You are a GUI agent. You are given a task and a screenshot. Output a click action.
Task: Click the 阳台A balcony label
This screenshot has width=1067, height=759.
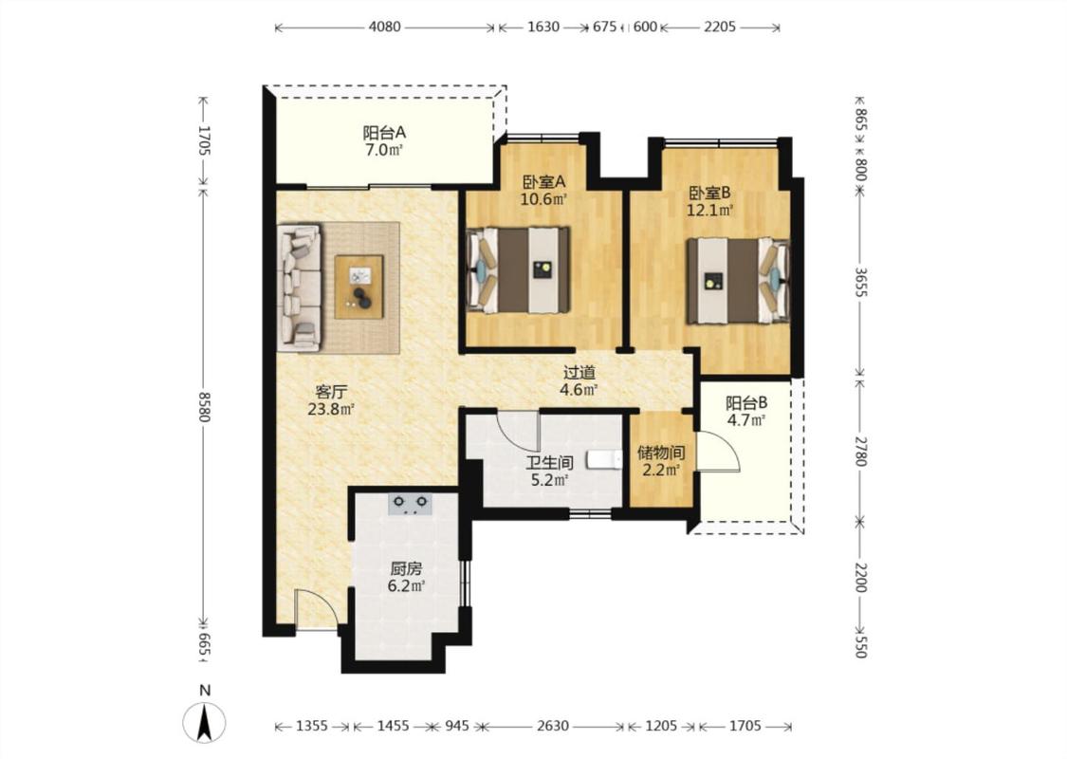[384, 132]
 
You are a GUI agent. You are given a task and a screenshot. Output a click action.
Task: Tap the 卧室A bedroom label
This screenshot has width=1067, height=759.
[543, 182]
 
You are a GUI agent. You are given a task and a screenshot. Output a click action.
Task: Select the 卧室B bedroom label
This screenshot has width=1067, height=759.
[709, 194]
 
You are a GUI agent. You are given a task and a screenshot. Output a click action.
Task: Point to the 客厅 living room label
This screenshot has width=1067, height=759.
[331, 392]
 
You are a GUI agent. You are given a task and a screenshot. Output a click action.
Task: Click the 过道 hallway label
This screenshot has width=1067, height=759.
[579, 373]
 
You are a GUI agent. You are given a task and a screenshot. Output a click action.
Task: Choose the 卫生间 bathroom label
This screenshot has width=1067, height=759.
[550, 464]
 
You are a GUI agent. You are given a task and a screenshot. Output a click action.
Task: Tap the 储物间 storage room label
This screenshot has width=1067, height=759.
[661, 453]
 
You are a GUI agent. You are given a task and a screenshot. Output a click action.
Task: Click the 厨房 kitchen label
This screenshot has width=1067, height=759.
[406, 568]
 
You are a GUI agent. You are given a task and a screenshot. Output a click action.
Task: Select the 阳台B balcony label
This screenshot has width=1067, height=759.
[746, 403]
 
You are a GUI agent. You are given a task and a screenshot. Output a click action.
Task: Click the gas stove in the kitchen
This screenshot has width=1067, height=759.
[411, 504]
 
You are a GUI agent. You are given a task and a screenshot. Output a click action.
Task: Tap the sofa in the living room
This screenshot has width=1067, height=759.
[300, 287]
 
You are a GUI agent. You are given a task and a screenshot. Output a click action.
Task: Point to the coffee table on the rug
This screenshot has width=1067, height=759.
[359, 287]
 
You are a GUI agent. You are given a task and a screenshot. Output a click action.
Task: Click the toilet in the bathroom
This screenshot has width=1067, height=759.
[605, 459]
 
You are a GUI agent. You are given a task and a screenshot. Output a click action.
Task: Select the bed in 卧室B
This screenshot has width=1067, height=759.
[738, 280]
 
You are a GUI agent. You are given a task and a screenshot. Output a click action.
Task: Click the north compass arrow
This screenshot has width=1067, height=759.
[204, 721]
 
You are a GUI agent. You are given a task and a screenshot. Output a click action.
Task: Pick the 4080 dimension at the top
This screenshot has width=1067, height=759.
[384, 28]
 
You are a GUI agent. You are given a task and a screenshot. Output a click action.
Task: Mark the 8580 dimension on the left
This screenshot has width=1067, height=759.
[204, 406]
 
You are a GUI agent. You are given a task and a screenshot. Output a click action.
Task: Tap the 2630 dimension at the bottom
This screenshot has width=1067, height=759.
[553, 727]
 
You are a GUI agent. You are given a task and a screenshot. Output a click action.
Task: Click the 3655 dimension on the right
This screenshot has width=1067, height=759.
[860, 281]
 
